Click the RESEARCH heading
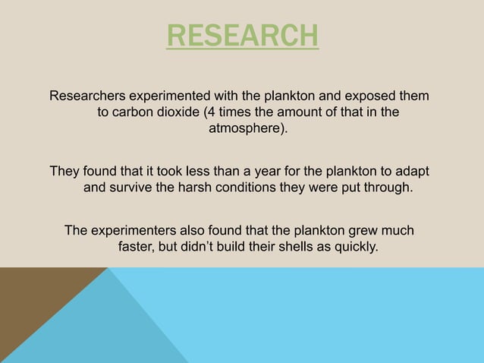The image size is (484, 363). click(x=242, y=36)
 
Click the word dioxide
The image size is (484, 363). click(x=184, y=113)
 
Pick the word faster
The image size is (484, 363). click(x=137, y=246)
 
